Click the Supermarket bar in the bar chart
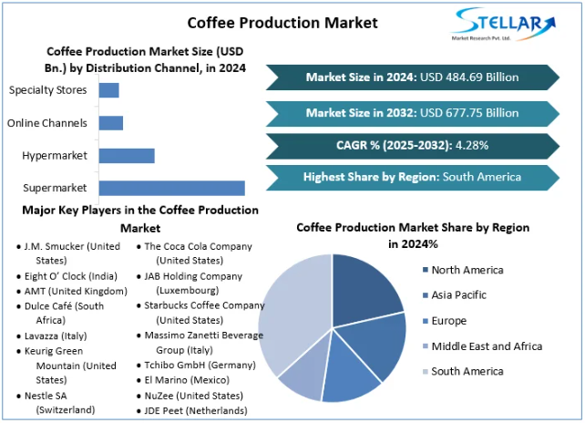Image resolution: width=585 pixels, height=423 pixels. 171,188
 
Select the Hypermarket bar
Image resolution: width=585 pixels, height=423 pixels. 127,156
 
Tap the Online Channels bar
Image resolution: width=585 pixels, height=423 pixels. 110,122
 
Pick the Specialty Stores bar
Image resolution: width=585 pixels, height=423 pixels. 108,89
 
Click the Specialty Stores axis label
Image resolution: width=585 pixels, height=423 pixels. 47,89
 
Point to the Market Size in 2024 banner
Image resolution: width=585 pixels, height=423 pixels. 412,77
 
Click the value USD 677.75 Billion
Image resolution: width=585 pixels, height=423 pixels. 468,113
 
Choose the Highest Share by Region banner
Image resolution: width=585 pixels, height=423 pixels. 412,177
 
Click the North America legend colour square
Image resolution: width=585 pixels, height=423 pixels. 425,270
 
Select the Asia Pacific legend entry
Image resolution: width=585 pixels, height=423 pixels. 458,295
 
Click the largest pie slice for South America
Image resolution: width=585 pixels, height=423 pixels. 292,315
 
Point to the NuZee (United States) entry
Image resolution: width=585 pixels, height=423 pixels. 194,397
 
